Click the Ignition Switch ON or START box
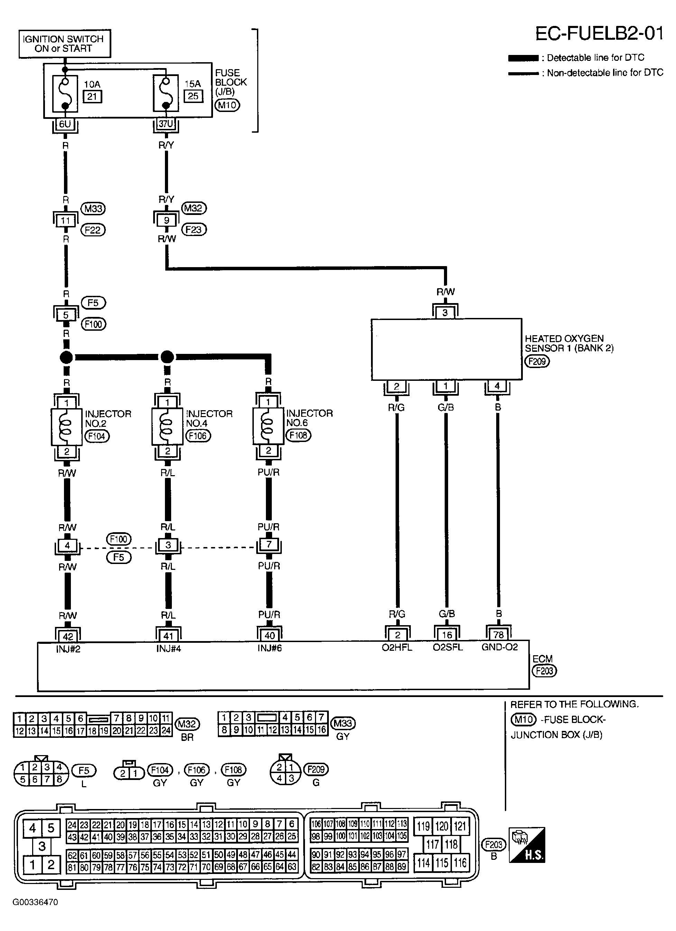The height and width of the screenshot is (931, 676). click(64, 44)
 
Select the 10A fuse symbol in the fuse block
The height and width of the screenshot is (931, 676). click(65, 94)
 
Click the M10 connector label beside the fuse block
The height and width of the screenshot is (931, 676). click(227, 105)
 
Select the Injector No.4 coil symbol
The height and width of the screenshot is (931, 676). click(167, 426)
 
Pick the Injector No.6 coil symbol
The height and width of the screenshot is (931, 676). click(268, 426)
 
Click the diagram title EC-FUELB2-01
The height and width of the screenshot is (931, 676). click(599, 34)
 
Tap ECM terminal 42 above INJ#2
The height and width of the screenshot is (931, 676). click(68, 636)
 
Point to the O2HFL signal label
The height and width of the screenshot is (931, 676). click(397, 647)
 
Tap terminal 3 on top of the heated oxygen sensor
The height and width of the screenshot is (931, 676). click(445, 313)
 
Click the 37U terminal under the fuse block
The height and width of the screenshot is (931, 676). click(166, 124)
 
